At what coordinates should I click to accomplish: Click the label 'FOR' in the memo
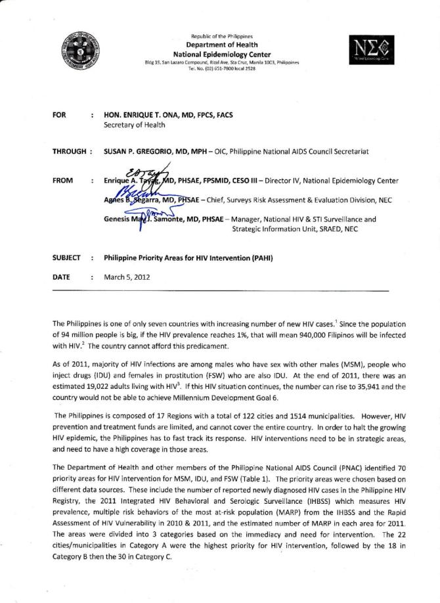[58, 115]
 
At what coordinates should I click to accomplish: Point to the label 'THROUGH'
[68, 152]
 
